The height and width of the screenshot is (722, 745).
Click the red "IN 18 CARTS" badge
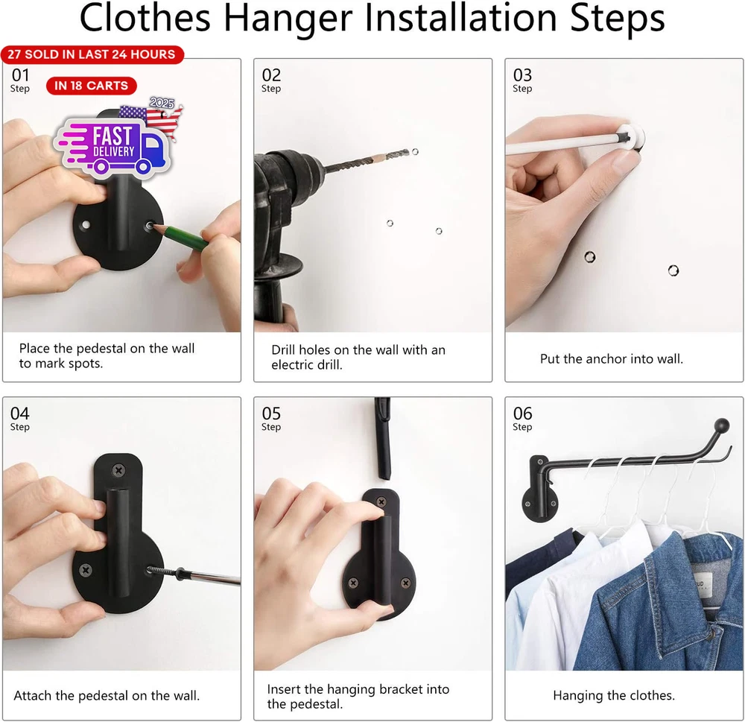[91, 86]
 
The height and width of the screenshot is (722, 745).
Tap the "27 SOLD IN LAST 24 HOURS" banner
[92, 54]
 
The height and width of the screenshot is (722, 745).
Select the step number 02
[271, 75]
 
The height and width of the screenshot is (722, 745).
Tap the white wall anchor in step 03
[631, 137]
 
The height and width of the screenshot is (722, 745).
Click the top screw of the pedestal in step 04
[118, 471]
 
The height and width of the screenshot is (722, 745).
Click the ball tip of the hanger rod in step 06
[722, 425]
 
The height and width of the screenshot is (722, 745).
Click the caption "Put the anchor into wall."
[612, 358]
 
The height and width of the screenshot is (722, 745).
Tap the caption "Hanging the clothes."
[614, 695]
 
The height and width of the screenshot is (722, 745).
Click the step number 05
[271, 413]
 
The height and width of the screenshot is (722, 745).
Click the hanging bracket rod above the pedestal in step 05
[383, 438]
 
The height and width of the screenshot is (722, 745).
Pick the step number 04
[20, 413]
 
